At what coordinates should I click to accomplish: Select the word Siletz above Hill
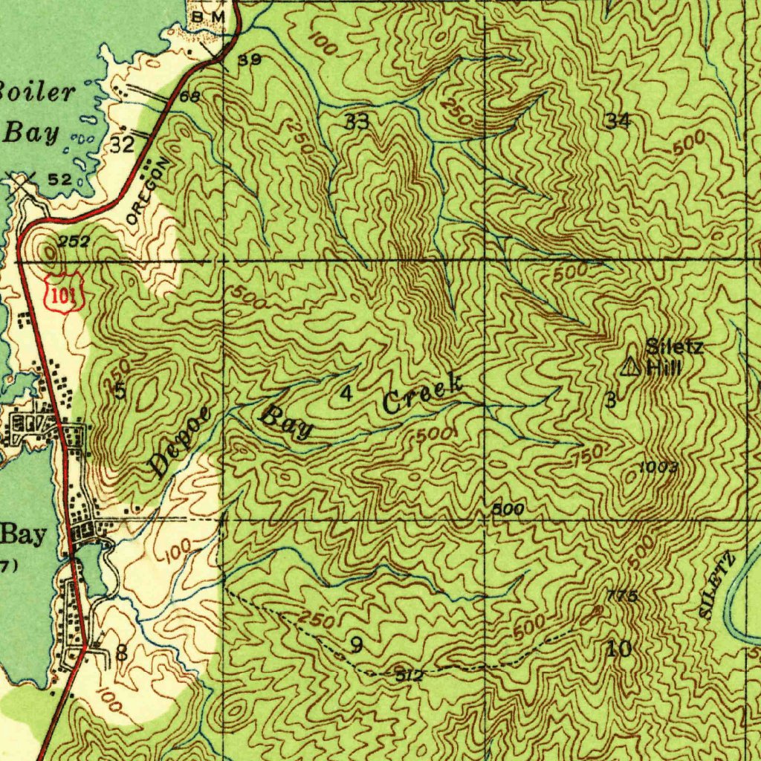click(x=673, y=346)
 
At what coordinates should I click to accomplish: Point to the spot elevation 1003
click(x=658, y=467)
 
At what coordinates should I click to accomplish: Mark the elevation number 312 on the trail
click(x=409, y=675)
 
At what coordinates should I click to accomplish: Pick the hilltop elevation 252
click(x=74, y=241)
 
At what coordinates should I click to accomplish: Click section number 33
click(x=357, y=122)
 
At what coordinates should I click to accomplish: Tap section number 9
click(x=357, y=645)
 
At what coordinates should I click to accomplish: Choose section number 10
click(x=619, y=649)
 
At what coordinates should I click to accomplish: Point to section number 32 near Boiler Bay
click(x=122, y=144)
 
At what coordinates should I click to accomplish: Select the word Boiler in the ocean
click(x=37, y=93)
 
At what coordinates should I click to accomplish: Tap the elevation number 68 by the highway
click(x=190, y=97)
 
